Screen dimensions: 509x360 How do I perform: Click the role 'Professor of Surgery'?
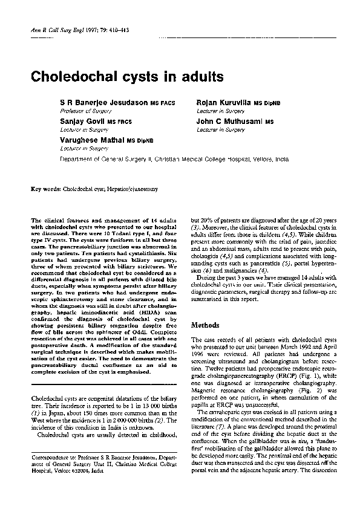82,111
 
